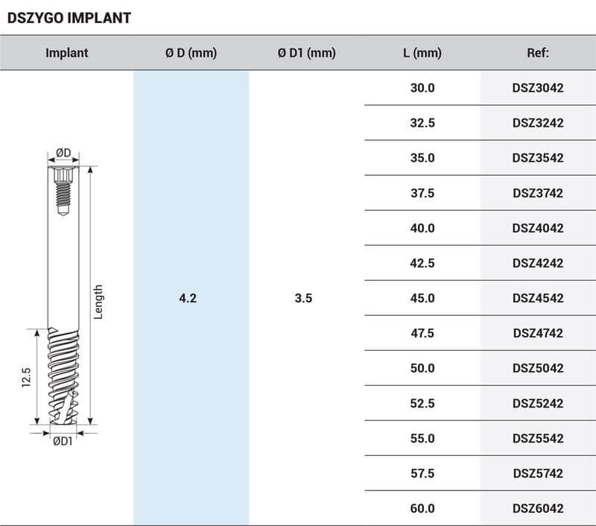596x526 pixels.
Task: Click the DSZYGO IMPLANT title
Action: [x=69, y=17]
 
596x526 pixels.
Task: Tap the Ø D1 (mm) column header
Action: [x=306, y=53]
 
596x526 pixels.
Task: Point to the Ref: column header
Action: [x=537, y=53]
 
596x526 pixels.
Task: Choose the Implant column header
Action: [x=66, y=53]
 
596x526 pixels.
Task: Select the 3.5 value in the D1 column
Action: [x=303, y=298]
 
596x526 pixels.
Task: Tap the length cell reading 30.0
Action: [x=422, y=88]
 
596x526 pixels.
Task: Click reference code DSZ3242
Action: [x=537, y=123]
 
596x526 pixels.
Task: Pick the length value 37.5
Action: [x=422, y=193]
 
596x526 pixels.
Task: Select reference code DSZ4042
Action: [x=537, y=228]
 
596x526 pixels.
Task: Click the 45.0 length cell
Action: [x=422, y=298]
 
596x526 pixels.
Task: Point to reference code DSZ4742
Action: [x=537, y=333]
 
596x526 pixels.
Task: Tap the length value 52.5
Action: [x=422, y=403]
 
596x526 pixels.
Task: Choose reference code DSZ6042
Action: [x=537, y=508]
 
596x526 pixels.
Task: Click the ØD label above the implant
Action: [x=63, y=153]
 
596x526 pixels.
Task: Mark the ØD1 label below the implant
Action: [x=63, y=442]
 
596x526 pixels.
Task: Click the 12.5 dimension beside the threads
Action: [x=25, y=377]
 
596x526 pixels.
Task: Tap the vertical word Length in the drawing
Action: [x=98, y=302]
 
